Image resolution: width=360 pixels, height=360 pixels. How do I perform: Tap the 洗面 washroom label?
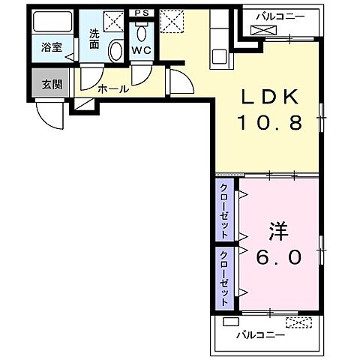coord(94,38)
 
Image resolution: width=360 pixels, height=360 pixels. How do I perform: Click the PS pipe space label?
coord(141,13)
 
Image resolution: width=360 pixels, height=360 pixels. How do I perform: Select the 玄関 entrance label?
coord(50,83)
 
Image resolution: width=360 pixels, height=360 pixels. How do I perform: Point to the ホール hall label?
coord(112,89)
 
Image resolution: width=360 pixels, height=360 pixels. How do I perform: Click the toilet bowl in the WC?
coord(142,34)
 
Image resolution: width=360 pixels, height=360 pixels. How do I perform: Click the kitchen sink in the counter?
coord(219,54)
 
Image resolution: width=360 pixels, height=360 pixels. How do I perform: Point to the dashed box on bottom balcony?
coord(298,323)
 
